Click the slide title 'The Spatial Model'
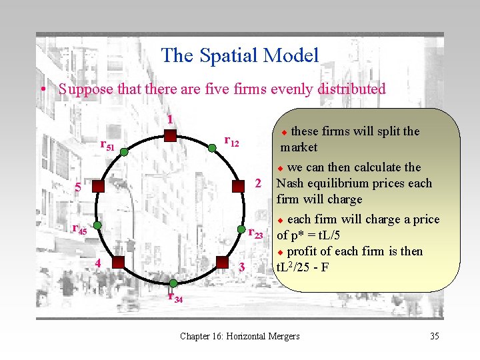240,55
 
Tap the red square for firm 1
170,136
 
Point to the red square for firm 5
97,186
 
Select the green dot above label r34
171,283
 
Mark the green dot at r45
97,227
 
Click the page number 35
435,336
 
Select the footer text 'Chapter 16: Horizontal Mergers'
240,336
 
